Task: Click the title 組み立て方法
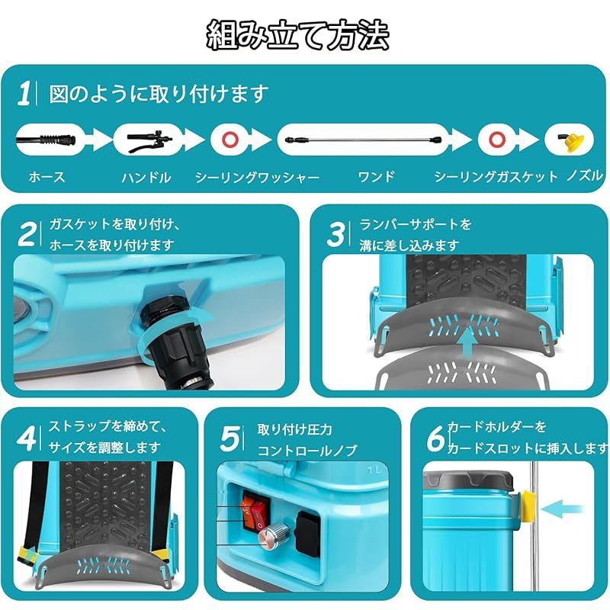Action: point(298,34)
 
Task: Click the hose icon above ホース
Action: point(46,140)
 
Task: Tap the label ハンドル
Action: point(146,177)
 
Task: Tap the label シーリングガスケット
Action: point(496,177)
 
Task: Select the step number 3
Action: point(335,233)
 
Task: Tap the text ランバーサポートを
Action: point(416,224)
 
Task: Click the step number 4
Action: point(27,438)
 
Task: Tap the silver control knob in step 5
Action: point(271,538)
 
